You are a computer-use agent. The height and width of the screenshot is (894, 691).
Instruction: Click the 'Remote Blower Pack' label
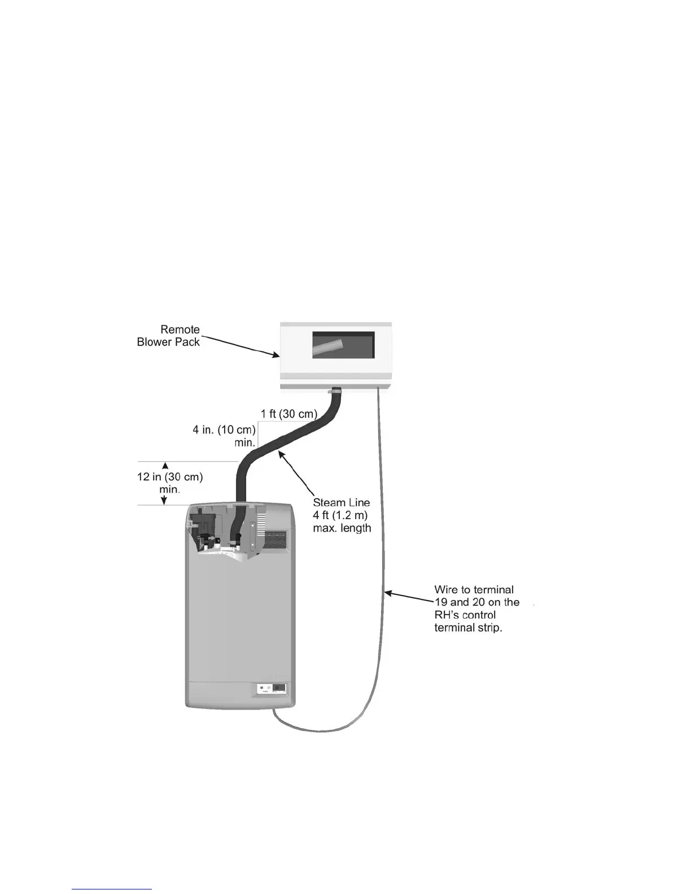pos(168,336)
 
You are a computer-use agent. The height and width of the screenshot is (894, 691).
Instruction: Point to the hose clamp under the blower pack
pos(335,390)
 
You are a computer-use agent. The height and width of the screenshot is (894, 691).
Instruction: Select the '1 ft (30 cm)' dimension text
pos(288,414)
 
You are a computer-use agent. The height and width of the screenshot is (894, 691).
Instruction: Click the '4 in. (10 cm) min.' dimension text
pos(225,436)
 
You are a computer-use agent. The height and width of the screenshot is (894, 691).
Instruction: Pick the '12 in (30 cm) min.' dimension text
pos(169,483)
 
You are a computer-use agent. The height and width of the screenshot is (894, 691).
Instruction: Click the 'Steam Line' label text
pos(342,502)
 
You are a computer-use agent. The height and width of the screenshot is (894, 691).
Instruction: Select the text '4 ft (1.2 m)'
pos(340,515)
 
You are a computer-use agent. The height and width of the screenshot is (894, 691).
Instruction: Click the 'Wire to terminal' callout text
pos(474,590)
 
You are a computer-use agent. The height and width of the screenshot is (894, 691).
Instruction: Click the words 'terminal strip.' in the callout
pos(468,628)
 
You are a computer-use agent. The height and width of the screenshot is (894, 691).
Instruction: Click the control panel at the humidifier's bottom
pos(272,689)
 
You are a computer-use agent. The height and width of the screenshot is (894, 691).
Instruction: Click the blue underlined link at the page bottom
pos(112,889)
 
